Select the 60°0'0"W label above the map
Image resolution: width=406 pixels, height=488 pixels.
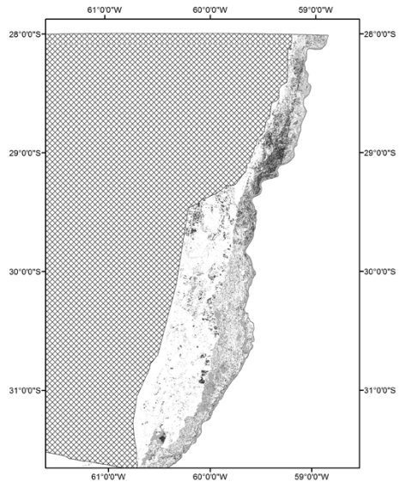[x=209, y=9]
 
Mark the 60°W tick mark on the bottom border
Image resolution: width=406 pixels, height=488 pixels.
[x=209, y=467]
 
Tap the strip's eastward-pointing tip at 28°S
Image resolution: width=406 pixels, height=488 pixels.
[x=327, y=35]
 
